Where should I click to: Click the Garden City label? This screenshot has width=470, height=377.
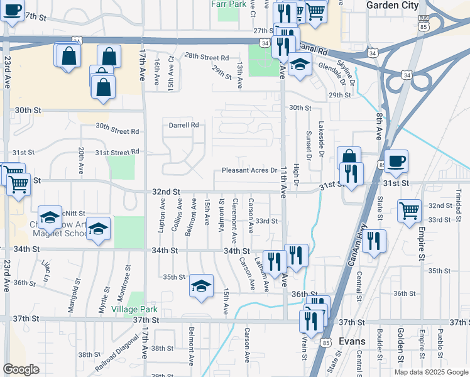[x=392, y=5]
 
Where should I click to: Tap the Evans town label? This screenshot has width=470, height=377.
[x=351, y=341]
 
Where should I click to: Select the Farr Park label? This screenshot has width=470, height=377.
[x=229, y=4]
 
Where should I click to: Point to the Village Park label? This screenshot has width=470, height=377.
[x=134, y=310]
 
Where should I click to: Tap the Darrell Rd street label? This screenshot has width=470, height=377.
[x=183, y=125]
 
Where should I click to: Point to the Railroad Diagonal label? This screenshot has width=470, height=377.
[x=117, y=356]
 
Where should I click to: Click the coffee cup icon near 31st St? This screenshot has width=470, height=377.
[x=396, y=161]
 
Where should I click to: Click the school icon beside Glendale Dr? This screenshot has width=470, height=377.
[x=300, y=64]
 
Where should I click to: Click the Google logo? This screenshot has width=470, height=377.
[x=21, y=369]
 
